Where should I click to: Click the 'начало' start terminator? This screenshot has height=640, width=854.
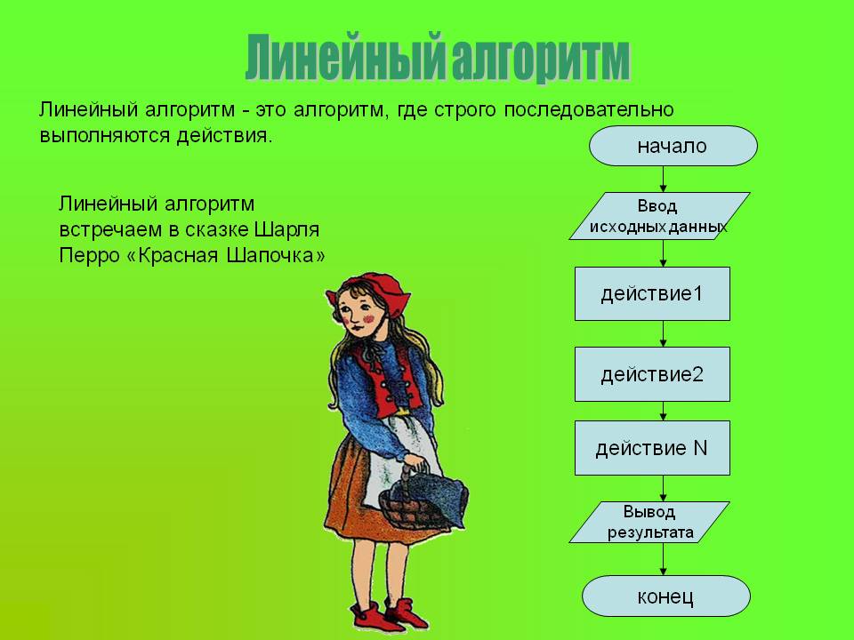(673, 146)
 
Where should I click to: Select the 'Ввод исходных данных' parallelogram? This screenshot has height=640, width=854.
(659, 216)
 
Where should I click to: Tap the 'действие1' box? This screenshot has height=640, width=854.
(652, 294)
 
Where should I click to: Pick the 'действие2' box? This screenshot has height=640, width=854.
(652, 374)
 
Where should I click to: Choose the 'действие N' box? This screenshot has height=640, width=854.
(652, 448)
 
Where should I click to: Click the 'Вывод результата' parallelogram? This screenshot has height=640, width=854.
(649, 523)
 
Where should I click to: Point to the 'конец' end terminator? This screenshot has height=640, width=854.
(666, 596)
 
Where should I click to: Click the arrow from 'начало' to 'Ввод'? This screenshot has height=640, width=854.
(663, 179)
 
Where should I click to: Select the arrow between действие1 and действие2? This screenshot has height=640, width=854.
(663, 334)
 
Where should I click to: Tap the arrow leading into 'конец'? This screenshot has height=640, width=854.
(663, 559)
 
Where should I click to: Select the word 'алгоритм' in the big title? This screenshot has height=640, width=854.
(540, 59)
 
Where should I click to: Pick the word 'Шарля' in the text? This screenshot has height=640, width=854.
(287, 230)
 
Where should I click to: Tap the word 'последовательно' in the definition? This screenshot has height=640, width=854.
(589, 110)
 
